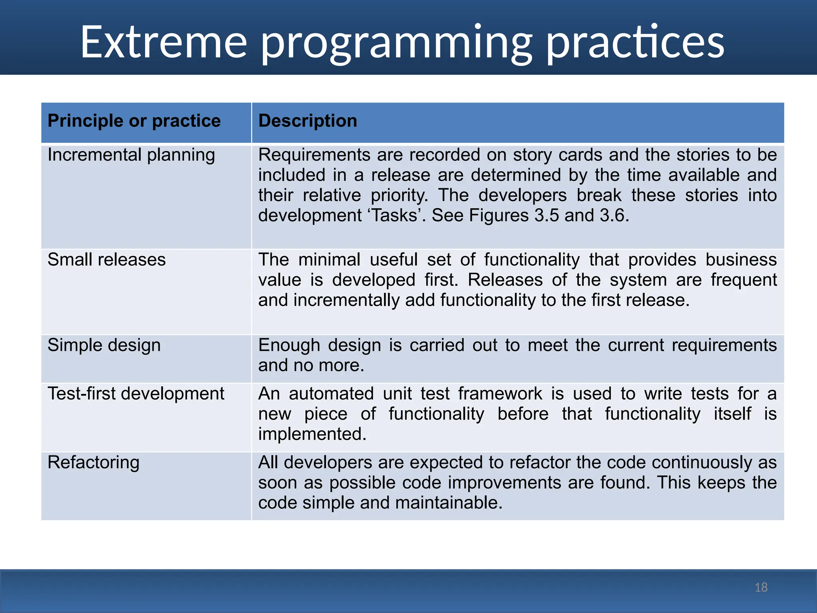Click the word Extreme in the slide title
point(164,42)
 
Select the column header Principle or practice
point(134,121)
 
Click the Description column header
point(308,121)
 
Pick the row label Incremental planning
point(131,155)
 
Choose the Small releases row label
point(107,260)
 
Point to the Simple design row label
point(104,345)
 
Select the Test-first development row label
point(136,394)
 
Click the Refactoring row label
point(93,463)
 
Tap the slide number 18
point(761,587)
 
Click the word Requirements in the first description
point(314,155)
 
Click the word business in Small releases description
point(741,260)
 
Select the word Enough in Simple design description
point(289,345)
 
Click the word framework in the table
point(500,394)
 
